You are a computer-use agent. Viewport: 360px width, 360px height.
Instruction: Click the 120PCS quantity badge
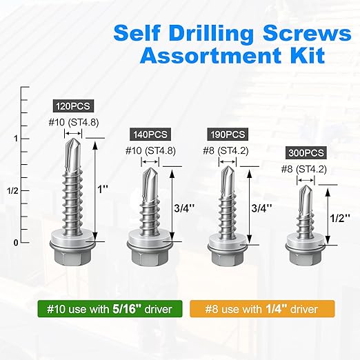pos(72,107)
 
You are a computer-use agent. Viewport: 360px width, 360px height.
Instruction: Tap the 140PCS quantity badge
pos(149,134)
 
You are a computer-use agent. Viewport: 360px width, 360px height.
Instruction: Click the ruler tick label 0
pos(15,243)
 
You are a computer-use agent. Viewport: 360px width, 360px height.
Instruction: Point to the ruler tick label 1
pos(14,139)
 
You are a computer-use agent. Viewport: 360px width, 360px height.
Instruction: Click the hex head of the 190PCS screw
pos(226,260)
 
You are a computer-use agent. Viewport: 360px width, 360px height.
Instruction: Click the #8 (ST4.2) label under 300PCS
pos(304,168)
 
